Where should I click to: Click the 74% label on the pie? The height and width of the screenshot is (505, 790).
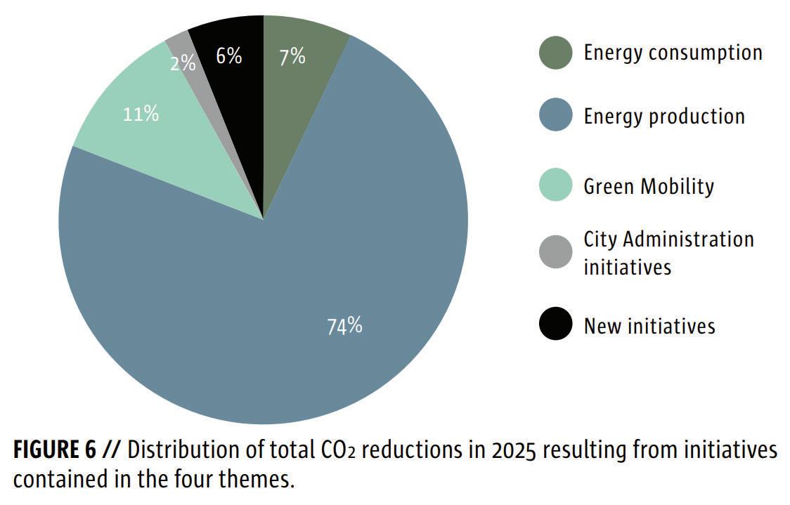tap(344, 326)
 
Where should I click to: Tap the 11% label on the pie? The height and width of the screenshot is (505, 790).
tap(141, 114)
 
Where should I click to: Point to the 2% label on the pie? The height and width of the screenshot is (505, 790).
tap(183, 63)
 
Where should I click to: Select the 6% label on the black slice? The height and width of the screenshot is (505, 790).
tap(228, 56)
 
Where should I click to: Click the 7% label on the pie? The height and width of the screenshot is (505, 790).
tap(292, 57)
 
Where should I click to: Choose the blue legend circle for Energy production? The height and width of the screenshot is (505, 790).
tap(556, 116)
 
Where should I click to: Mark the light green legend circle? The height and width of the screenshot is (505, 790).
tap(556, 186)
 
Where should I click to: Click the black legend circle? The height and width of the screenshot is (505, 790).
tap(556, 325)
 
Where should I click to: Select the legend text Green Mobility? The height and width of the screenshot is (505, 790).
tap(649, 186)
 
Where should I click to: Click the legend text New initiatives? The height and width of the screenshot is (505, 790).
tap(649, 326)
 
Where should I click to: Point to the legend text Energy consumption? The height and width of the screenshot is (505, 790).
tap(673, 53)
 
